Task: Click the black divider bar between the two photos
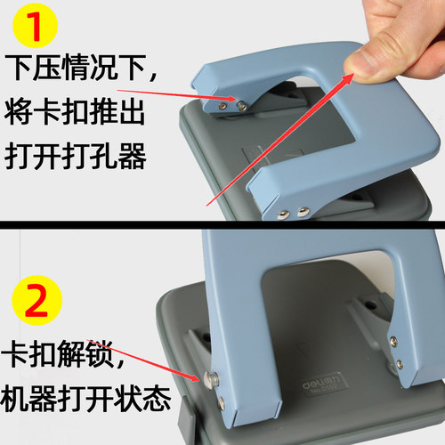[x=222, y=223]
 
